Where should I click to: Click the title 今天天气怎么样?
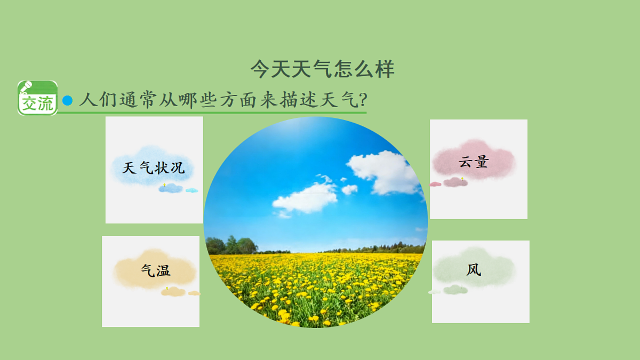pos(322,69)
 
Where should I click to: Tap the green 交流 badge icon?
pos(37,98)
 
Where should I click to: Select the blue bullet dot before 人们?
pos(67,100)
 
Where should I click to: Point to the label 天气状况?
pos(154,168)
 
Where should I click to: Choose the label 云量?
pos(474,162)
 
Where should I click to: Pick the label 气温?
pos(156,270)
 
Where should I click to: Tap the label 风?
pos(474,270)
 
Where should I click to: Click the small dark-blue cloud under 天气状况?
pos(171,188)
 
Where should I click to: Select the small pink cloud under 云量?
pos(455,182)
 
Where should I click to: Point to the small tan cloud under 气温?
pos(173,292)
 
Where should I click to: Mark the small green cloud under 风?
pos(455,290)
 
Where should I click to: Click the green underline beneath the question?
pos(213,113)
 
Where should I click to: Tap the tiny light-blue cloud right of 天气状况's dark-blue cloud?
pos(191,190)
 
